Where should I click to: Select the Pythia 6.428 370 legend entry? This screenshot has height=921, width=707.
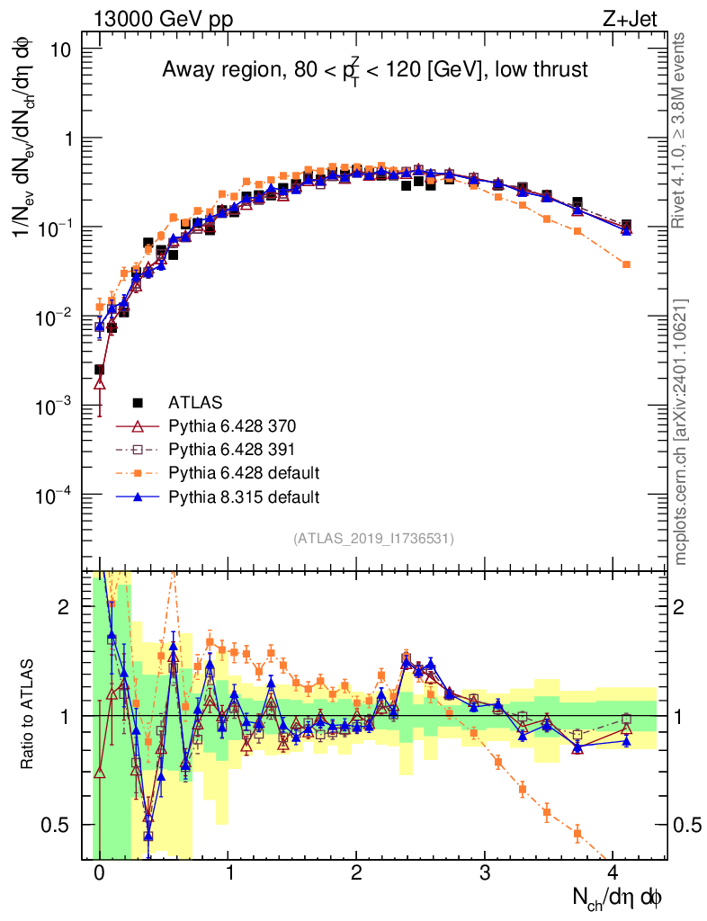click(232, 425)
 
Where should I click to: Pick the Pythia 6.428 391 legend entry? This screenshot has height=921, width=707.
click(232, 449)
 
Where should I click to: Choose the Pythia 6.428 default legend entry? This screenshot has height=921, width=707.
click(244, 472)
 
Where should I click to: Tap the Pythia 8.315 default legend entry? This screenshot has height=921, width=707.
click(244, 496)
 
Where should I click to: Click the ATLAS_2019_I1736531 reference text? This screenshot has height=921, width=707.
click(373, 539)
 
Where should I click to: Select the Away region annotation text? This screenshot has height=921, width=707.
click(375, 69)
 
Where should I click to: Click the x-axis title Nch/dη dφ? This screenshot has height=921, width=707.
click(620, 898)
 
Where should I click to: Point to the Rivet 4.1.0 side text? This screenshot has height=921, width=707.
click(682, 130)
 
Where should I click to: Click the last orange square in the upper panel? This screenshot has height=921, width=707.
click(626, 264)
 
